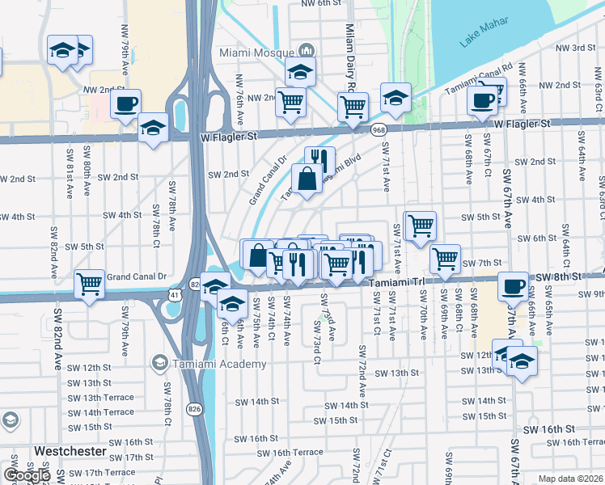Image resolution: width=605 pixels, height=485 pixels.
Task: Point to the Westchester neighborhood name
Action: (71, 449)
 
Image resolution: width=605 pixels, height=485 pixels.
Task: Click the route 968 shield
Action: (378, 129)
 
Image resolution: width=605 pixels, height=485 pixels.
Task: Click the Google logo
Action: (27, 475)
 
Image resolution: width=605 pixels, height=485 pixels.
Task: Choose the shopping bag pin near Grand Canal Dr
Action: (308, 179)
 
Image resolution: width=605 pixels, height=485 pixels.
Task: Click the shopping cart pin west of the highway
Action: (89, 283)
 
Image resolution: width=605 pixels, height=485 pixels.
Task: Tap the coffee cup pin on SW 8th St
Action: (513, 286)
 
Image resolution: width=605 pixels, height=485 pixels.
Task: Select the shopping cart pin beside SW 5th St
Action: (420, 226)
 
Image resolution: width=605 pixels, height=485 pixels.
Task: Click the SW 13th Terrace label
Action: (101, 398)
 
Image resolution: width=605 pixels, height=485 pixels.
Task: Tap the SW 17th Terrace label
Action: (109, 472)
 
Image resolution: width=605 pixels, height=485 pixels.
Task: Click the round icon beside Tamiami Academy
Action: (160, 364)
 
